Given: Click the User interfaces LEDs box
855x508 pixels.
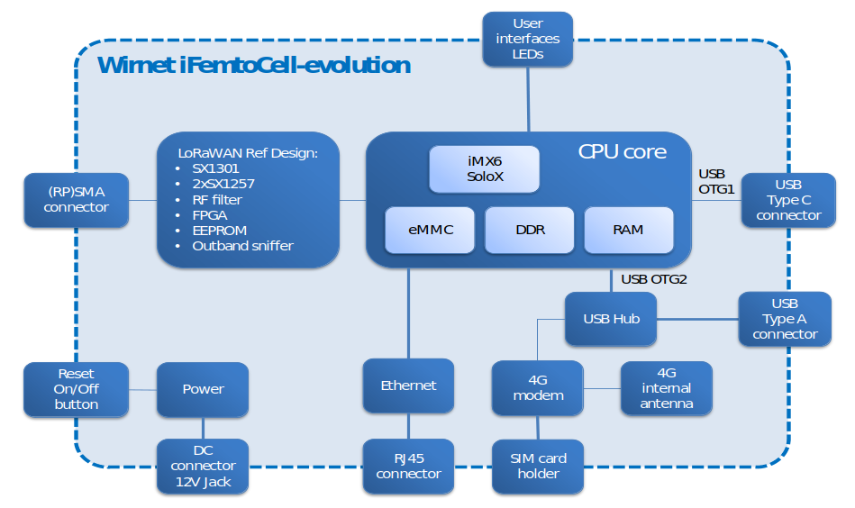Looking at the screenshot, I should (x=527, y=39).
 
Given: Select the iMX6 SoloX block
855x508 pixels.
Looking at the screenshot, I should (x=485, y=169).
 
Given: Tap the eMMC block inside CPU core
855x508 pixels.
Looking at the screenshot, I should (x=429, y=230).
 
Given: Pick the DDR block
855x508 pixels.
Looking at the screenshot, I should (x=530, y=230).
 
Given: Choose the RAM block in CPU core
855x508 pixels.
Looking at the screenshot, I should (x=628, y=230).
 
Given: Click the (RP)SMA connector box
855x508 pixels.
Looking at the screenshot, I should (x=77, y=200).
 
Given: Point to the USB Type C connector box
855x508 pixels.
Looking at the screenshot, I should (x=788, y=200).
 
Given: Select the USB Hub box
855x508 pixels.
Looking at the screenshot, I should (x=611, y=319).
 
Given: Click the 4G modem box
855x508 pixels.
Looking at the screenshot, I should (x=538, y=388).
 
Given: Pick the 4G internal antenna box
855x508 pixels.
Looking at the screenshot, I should (x=667, y=388).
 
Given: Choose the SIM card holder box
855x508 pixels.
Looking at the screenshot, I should (x=538, y=467).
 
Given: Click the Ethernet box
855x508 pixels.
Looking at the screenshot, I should (x=408, y=386).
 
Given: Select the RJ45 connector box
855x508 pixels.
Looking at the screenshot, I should (x=408, y=467).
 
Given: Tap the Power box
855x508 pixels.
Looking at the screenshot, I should (x=203, y=389).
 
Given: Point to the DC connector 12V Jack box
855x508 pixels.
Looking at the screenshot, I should (x=203, y=467).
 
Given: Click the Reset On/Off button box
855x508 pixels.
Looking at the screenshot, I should (x=77, y=389).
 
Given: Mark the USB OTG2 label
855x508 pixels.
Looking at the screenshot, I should (x=654, y=279).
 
